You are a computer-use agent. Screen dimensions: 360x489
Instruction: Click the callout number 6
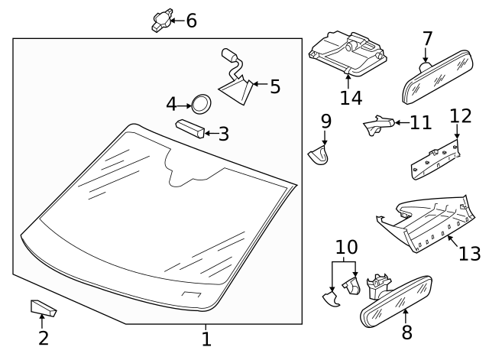point(191,21)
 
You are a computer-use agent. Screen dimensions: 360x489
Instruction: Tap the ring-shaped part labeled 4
point(200,103)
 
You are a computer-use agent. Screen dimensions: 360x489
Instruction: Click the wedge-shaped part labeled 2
point(43,308)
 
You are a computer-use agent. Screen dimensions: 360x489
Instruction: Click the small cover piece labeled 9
point(320,155)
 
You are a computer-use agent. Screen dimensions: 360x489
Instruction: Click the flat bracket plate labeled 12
point(436,161)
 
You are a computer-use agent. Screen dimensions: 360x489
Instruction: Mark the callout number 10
point(346,247)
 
